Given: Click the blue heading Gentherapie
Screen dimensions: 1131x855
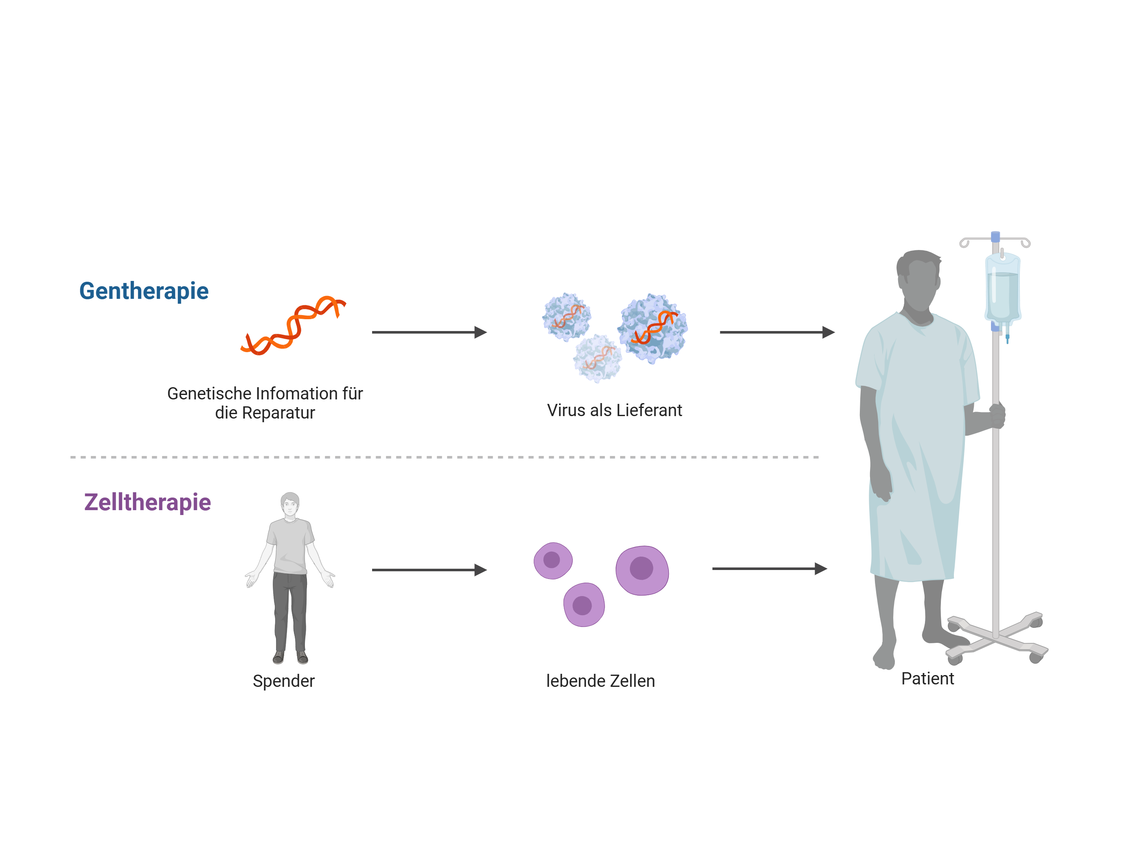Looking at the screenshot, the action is pos(144,292).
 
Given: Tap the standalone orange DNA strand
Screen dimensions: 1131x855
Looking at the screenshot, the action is pos(293,326).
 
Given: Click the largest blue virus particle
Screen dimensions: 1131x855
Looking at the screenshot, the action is pos(652,328).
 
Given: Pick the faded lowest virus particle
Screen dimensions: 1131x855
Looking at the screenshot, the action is pos(597,358).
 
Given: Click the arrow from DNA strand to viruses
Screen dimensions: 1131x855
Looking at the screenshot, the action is pos(429,332).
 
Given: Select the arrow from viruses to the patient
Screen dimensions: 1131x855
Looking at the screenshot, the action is pos(777,332).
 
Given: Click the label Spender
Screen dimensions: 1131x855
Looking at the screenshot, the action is pos(284,681).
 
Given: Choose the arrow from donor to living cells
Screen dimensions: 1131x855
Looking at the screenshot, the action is pos(429,570).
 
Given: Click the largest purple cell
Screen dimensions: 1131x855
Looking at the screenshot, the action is pos(642,570).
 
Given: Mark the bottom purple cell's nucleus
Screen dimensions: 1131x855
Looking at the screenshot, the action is pos(582,605).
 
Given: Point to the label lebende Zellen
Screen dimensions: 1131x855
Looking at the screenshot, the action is pos(600,681).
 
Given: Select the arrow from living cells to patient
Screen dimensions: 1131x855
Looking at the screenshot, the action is pos(769,569).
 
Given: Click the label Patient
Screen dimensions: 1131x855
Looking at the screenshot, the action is pos(927,679).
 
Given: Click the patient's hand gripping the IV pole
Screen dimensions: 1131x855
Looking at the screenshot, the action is pos(997,415).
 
